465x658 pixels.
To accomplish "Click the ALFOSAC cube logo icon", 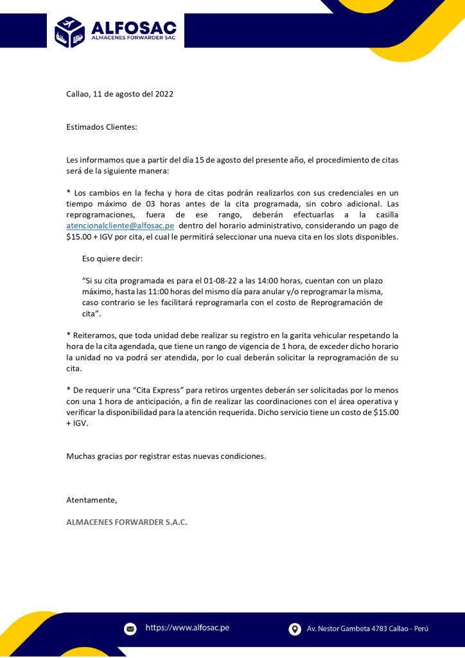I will (x=70, y=31).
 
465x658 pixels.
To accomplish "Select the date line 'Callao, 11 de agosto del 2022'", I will (x=120, y=94).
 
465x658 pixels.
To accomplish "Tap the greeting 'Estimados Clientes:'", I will (x=101, y=127).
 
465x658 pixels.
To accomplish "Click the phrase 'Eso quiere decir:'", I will (x=112, y=260).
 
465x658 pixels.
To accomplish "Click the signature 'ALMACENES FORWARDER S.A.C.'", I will (x=127, y=522).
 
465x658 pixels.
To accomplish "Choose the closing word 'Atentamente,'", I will (x=92, y=500).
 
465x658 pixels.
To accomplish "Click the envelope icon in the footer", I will (x=130, y=628).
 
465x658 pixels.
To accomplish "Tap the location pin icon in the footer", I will (x=295, y=628).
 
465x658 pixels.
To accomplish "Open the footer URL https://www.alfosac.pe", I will (x=188, y=628).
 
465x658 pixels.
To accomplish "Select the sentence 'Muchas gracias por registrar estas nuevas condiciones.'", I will (x=166, y=456).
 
